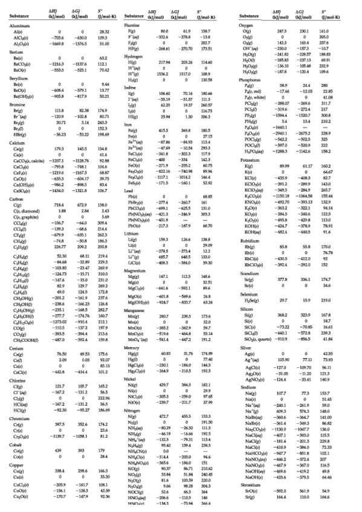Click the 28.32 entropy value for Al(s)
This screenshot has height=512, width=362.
click(104, 31)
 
